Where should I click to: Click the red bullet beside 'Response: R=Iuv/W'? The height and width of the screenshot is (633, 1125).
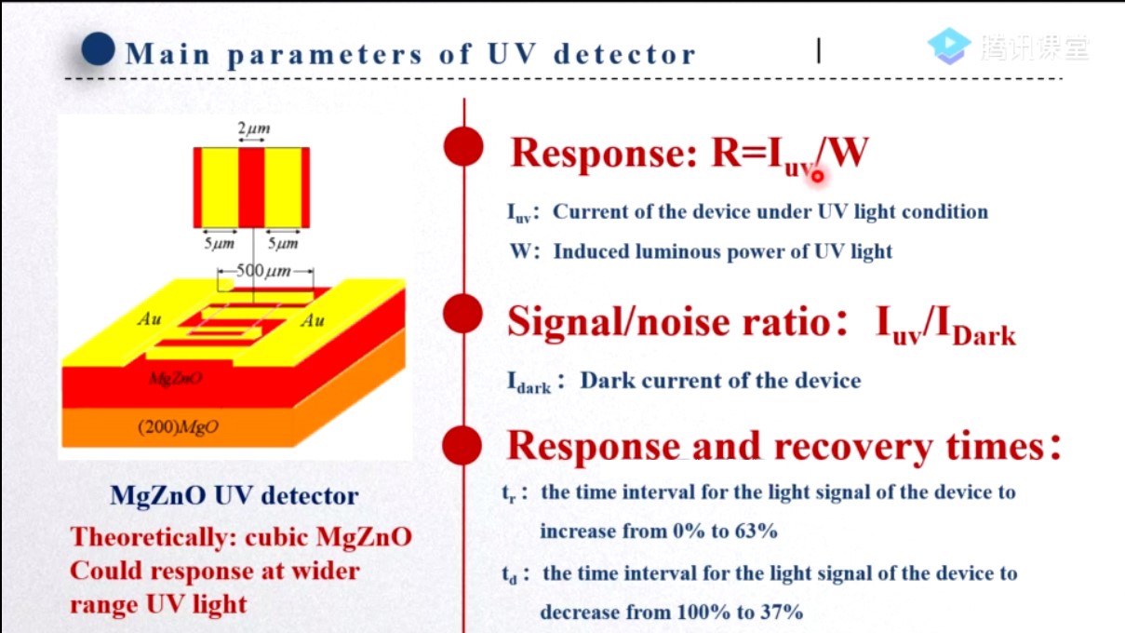[x=463, y=148]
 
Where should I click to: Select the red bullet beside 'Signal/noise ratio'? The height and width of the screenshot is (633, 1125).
[x=463, y=314]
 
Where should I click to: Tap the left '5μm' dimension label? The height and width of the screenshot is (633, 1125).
[x=220, y=244]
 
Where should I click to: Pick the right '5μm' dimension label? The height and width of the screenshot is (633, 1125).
[x=283, y=244]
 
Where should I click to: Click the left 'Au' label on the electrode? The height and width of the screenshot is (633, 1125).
[x=149, y=319]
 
